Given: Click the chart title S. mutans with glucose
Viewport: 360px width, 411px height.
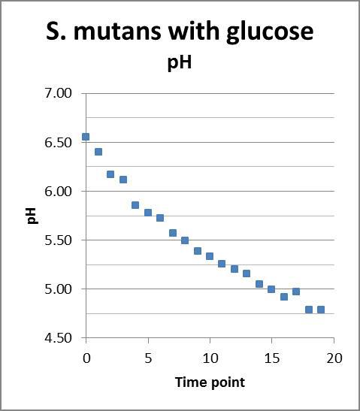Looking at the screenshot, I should tap(179, 32).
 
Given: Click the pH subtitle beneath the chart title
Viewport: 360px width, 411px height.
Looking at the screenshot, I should tap(179, 62).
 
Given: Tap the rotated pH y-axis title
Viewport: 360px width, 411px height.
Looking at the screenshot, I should tap(33, 216).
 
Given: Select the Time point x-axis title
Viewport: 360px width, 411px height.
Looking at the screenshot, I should tap(210, 382).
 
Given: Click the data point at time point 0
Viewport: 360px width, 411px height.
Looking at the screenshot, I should tap(86, 137).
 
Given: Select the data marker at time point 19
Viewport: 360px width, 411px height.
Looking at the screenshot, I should tap(321, 310).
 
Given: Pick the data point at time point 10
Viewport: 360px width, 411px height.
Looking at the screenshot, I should tap(210, 256).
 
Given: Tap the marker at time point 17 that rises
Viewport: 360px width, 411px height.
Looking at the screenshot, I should tap(296, 292).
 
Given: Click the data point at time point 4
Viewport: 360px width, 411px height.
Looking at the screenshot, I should tap(135, 205).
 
